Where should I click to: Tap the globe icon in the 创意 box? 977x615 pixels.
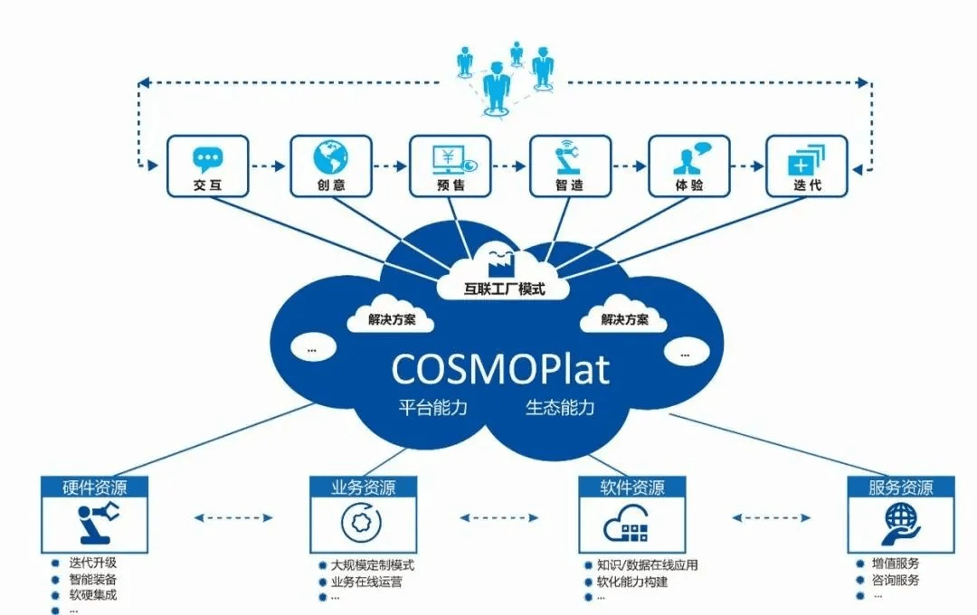(x=330, y=159)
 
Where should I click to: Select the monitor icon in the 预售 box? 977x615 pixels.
(x=450, y=159)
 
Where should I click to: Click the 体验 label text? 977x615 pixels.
(x=688, y=186)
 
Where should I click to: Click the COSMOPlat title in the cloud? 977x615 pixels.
(x=500, y=369)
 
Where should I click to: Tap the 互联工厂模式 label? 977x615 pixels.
(x=504, y=290)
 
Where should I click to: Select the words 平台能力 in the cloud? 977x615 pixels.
(x=432, y=407)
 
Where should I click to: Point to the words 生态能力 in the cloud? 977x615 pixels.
(x=560, y=407)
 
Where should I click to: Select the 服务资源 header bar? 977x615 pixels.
(x=900, y=487)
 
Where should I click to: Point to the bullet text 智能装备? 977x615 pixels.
(x=93, y=580)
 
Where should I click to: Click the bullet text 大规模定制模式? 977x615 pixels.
(x=373, y=565)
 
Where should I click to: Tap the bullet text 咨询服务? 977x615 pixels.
(x=896, y=580)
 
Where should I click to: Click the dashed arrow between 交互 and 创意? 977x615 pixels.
(x=268, y=166)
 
